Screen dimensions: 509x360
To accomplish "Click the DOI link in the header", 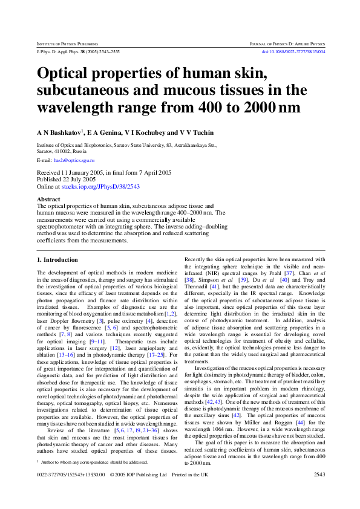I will pos(293,52).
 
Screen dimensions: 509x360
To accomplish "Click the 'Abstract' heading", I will pos(48,199).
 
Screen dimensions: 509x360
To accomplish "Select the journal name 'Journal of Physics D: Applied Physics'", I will pos(287,44).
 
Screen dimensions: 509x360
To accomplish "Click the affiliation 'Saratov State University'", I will pos(133,146).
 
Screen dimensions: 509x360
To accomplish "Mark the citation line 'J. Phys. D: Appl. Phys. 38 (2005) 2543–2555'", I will pos(78,52).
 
